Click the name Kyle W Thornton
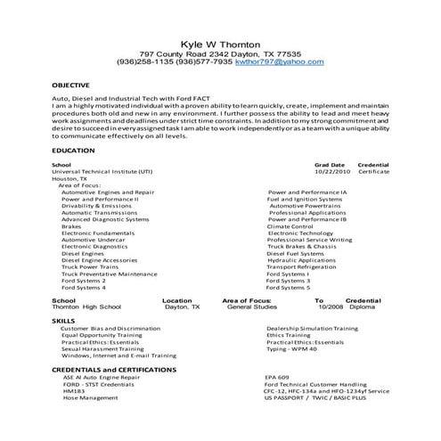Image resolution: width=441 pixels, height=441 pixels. click(x=221, y=42)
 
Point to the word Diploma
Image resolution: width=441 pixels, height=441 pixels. click(x=362, y=307)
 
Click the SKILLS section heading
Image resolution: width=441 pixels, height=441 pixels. click(x=63, y=319)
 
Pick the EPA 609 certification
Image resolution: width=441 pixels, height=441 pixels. click(x=277, y=377)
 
